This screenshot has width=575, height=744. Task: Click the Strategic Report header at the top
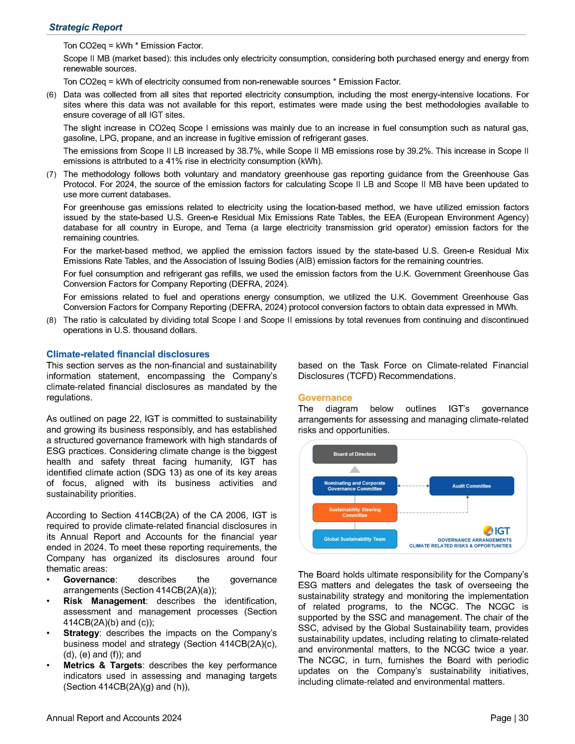click(86, 27)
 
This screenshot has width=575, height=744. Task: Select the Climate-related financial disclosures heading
click(128, 354)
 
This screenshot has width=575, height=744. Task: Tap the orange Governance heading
click(325, 398)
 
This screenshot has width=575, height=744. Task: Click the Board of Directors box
click(355, 454)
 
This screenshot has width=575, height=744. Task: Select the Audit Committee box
click(471, 486)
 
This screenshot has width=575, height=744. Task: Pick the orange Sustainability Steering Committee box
click(355, 513)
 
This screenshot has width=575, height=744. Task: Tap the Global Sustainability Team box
click(355, 539)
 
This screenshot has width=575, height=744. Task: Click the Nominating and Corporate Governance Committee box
click(355, 486)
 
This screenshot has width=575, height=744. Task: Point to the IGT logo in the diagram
click(497, 531)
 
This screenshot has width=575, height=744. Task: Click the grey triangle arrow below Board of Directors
click(355, 469)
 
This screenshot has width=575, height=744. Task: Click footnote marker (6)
click(51, 95)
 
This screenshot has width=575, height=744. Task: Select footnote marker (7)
click(51, 175)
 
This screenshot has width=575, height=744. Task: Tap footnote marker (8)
click(51, 320)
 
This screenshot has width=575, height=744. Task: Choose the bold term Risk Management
click(104, 601)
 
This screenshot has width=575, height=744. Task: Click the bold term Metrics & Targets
click(103, 665)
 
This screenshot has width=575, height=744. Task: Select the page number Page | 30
click(509, 718)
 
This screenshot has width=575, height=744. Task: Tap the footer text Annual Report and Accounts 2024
click(114, 718)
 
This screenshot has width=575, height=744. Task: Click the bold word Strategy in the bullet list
click(81, 633)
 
